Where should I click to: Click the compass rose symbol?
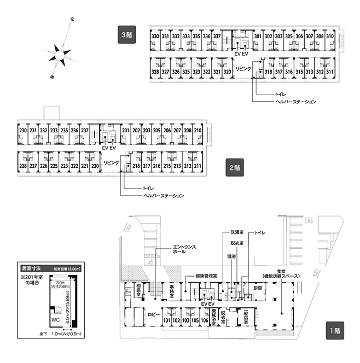point(59,55)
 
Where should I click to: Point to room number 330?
point(155,37)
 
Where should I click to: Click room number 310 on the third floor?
point(330,37)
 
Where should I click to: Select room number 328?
point(155,72)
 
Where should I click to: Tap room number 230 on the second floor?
point(22,131)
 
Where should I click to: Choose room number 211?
point(198,166)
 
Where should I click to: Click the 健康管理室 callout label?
point(206,277)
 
